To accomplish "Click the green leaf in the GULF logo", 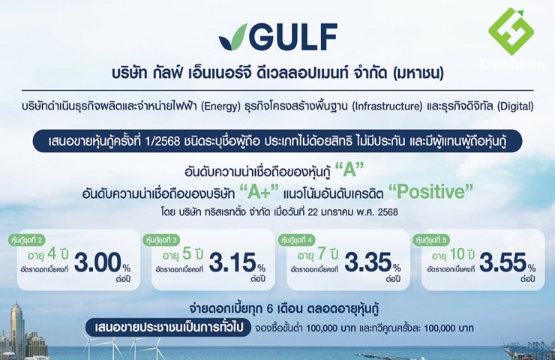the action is [233, 37].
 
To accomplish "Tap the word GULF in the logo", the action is [294, 37].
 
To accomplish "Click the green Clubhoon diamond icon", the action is [511, 31].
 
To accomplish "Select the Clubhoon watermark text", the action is [512, 64].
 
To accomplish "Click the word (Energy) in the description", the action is [220, 106].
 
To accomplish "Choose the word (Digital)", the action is [515, 106].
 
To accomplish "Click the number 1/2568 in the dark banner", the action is [163, 141].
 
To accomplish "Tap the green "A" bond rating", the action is [349, 170].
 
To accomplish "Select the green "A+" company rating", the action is [259, 192].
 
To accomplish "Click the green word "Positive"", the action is [430, 192].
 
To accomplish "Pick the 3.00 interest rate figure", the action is [97, 263].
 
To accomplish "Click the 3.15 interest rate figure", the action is [232, 263].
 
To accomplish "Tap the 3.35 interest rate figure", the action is [367, 263].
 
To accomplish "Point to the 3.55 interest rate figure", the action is [503, 263].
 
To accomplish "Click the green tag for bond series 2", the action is [26, 240].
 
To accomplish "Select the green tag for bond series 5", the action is [431, 240].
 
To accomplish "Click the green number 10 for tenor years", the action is [457, 254].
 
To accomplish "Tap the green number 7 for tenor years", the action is [322, 254].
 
